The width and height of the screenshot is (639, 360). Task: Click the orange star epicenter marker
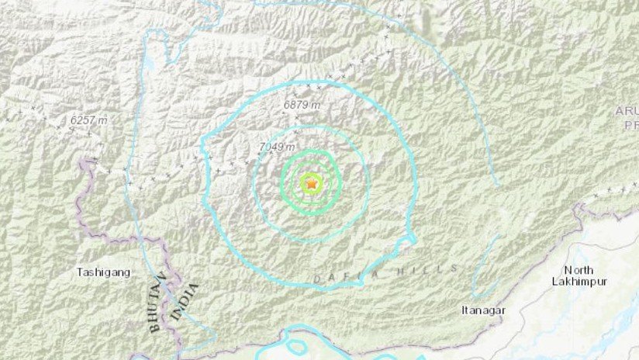coord(312,184)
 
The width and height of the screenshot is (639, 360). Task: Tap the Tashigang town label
coord(103,272)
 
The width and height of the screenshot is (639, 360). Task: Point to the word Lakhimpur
coord(579,281)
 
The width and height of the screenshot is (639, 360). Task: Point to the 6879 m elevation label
coord(300,104)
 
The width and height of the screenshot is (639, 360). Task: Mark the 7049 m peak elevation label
coord(277,147)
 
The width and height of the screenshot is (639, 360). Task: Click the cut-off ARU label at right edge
coord(627,111)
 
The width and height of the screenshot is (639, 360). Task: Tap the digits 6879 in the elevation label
coord(295,104)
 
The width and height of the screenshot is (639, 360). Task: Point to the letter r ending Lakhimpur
coord(606,281)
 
